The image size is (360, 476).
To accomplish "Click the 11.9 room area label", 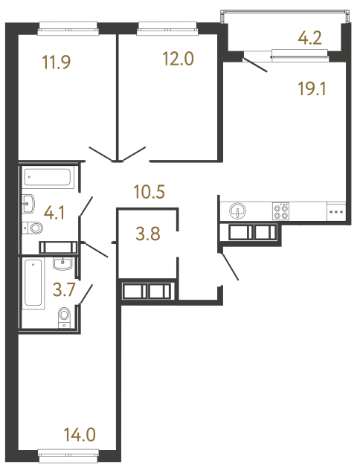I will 57,62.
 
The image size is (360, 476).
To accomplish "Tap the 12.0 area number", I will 178,59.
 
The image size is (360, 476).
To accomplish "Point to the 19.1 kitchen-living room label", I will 312,90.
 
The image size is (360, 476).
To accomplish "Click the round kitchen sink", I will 238,210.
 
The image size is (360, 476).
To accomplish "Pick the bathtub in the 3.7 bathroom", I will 34,283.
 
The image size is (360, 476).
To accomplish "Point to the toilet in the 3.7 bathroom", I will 64,315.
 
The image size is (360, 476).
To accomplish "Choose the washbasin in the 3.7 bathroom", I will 63,262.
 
